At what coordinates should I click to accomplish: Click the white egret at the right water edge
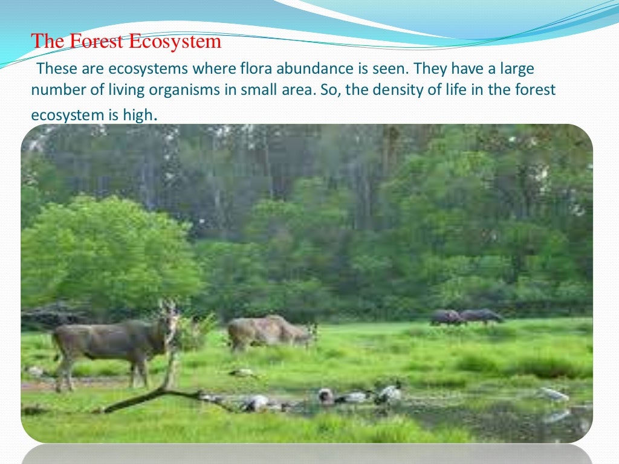555,394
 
